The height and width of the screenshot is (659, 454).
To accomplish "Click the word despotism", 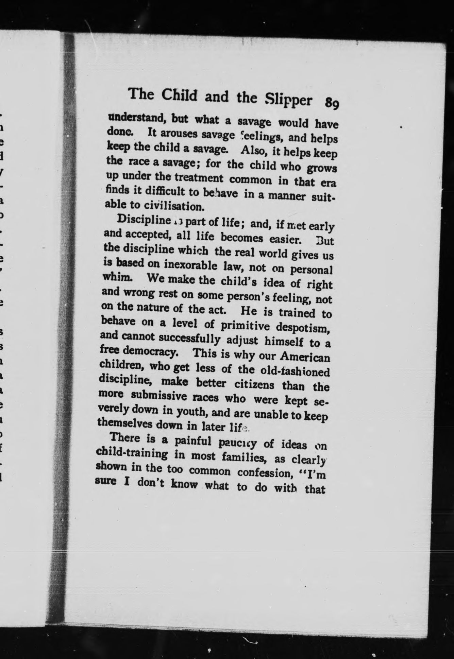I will point(303,328).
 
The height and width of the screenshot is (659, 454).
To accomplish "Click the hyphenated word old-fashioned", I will point(294,371).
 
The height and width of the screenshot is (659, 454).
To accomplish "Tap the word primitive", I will point(245,326).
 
